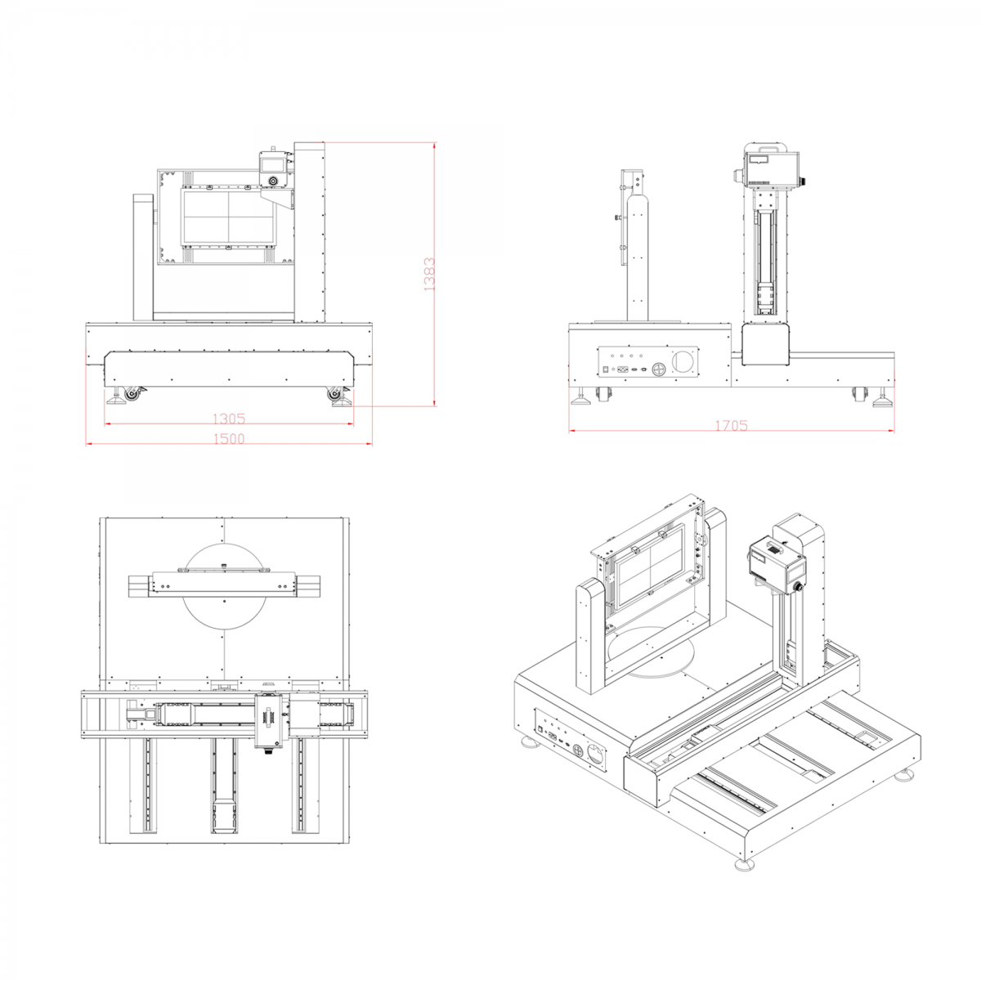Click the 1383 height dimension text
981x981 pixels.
coord(430,275)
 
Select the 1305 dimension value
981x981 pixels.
coord(229,419)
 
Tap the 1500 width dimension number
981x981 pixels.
coord(229,438)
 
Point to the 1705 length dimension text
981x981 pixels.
coord(732,425)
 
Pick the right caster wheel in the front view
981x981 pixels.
coord(335,393)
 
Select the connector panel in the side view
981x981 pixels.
coord(648,362)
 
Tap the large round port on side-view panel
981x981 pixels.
coord(683,361)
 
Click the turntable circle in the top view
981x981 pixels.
coord(225,587)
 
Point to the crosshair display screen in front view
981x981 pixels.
coord(229,217)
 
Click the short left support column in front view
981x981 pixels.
coord(143,257)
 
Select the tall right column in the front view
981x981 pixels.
coord(310,231)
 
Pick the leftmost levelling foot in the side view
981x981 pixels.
coord(581,397)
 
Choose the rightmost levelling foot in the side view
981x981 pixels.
coord(883,399)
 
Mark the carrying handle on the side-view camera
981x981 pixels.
coord(767,148)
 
